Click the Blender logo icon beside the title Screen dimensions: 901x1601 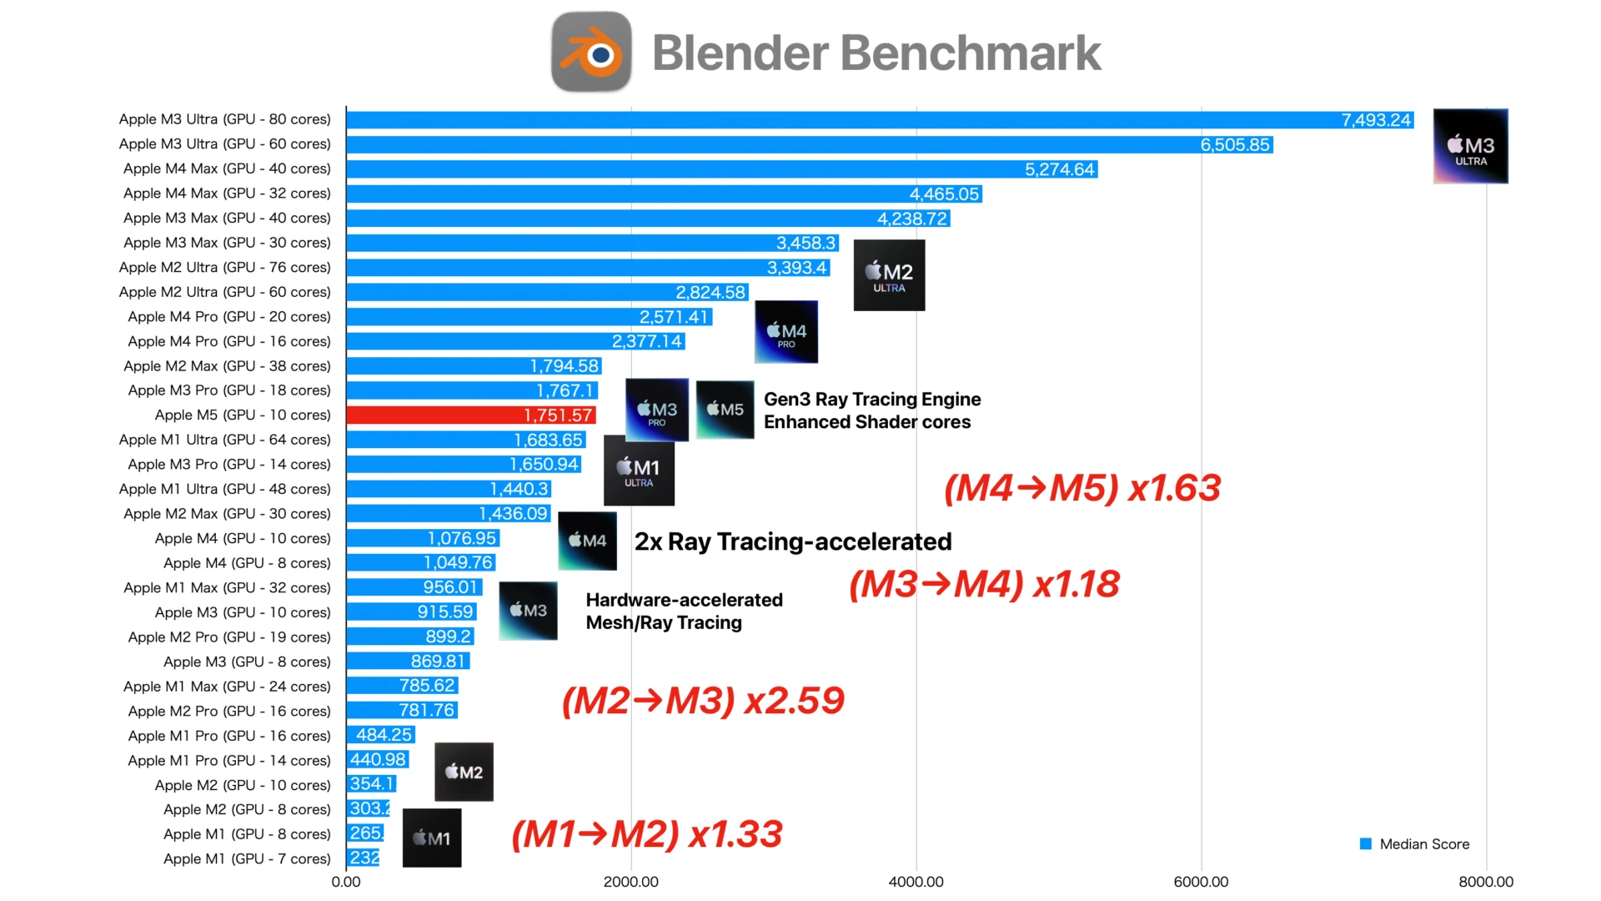591,52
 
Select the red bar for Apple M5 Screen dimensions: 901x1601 434,415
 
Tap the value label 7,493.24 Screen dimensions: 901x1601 1376,120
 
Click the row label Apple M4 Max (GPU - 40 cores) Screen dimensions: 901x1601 227,169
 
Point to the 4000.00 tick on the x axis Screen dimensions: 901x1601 916,882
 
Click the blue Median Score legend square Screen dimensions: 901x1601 1366,844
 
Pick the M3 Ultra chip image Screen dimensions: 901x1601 1470,146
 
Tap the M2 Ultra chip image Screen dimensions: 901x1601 889,275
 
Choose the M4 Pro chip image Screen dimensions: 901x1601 785,332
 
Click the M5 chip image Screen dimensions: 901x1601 725,409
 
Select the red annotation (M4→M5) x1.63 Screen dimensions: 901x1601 1082,488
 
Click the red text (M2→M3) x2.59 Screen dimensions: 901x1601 703,701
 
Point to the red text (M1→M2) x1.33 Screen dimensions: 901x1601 647,834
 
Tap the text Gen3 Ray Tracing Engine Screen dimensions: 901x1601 872,400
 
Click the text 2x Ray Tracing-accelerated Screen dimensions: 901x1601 793,542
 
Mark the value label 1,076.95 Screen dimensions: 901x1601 462,539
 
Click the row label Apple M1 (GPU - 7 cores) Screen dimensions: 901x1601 247,858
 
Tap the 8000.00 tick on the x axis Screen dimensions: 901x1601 1485,882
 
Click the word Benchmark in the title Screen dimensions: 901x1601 971,53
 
